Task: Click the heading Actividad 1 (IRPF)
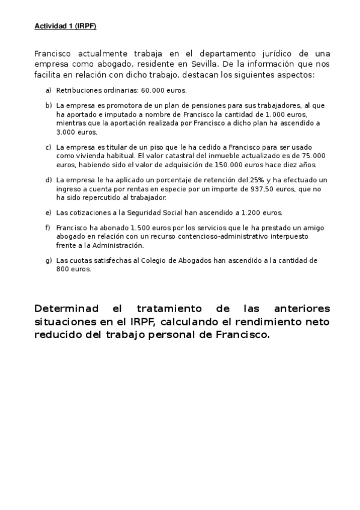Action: pos(65,26)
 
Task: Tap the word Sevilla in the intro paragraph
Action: pos(199,64)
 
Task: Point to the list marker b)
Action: pos(49,105)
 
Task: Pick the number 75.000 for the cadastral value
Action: pos(312,155)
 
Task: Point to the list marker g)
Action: pos(49,260)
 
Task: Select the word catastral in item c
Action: pos(171,155)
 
